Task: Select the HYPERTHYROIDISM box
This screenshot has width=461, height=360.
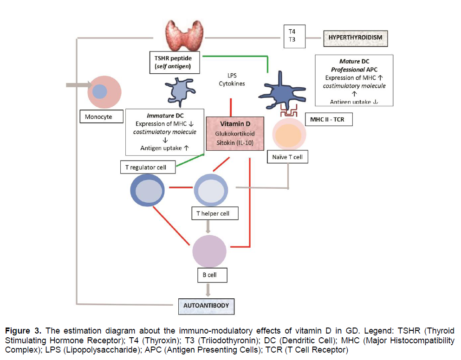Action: tap(355, 38)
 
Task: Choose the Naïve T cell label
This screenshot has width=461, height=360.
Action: tap(288, 157)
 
